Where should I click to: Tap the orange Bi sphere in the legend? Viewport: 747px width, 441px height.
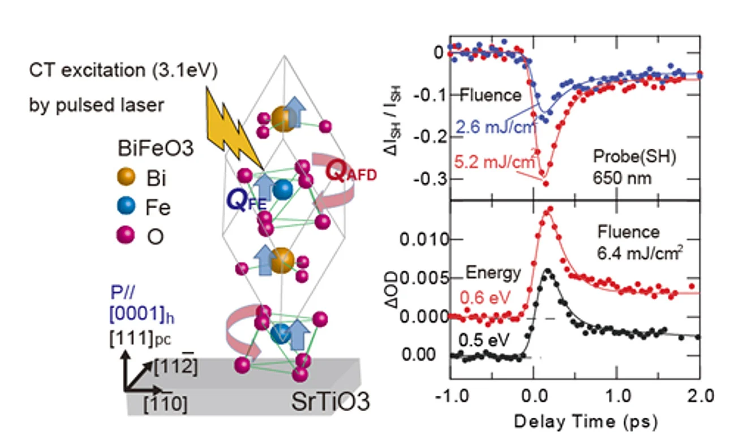tap(128, 179)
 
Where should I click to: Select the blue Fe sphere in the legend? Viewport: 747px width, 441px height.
tap(128, 207)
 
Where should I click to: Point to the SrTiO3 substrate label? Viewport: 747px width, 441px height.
tap(330, 402)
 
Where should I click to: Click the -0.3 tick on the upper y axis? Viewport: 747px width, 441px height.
tap(427, 180)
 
